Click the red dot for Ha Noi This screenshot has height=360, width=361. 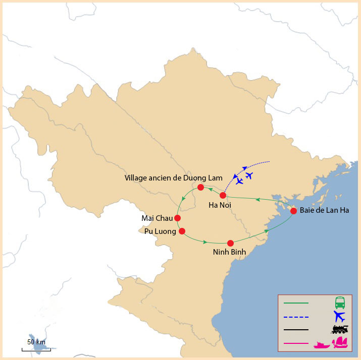pos(223,195)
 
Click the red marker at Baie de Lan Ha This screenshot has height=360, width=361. pos(293,210)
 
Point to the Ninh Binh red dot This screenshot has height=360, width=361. pos(230,243)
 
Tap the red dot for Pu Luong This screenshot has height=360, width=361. pos(182,231)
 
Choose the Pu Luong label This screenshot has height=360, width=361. pos(159,231)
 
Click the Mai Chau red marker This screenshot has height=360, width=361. pos(177,218)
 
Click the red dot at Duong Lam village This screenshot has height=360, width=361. pos(200,188)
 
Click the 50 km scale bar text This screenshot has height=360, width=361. pos(36,342)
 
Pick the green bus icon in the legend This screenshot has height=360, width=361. pos(340,303)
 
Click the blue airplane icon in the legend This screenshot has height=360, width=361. pos(340,317)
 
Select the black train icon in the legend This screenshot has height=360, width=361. pos(340,330)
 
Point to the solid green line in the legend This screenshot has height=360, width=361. pos(296,304)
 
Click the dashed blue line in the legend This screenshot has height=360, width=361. pos(296,317)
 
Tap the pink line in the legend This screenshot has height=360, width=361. pos(296,343)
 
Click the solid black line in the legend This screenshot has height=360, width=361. pos(296,330)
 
